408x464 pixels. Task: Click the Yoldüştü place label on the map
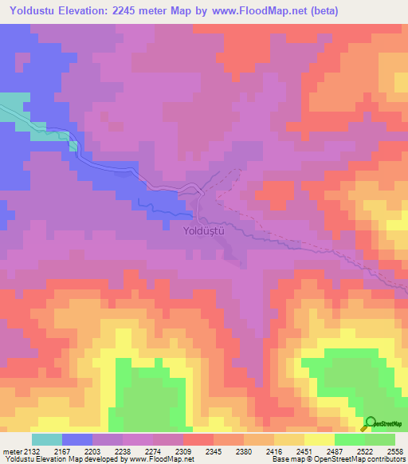(205, 230)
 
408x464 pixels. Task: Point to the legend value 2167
(61, 451)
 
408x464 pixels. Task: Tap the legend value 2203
(92, 451)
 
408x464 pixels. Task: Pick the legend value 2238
(123, 451)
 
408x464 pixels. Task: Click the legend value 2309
(183, 451)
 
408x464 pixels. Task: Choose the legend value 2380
(244, 451)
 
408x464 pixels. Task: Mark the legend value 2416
(274, 451)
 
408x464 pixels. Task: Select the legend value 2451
(304, 451)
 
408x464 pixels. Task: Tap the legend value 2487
(335, 451)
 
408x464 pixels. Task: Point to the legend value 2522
(365, 451)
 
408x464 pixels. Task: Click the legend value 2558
(395, 451)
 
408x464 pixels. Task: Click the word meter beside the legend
(10, 451)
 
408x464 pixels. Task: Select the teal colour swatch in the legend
(46, 439)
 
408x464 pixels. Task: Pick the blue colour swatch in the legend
(76, 439)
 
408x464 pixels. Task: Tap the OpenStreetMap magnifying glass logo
(370, 423)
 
